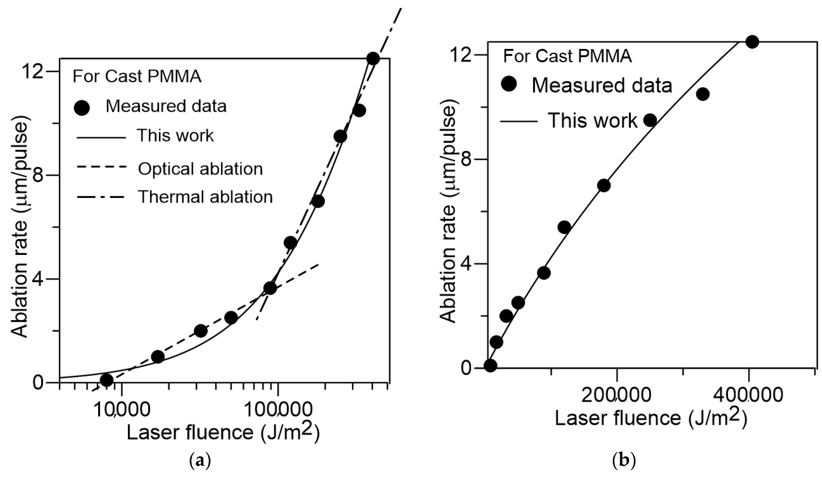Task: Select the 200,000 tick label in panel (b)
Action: click(616, 395)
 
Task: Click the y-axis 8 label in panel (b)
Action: click(468, 159)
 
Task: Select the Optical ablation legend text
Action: click(200, 169)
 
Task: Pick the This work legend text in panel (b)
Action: click(592, 120)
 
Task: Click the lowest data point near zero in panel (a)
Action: click(107, 380)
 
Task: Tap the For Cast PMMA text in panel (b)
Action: click(567, 56)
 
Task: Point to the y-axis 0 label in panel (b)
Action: click(468, 368)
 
